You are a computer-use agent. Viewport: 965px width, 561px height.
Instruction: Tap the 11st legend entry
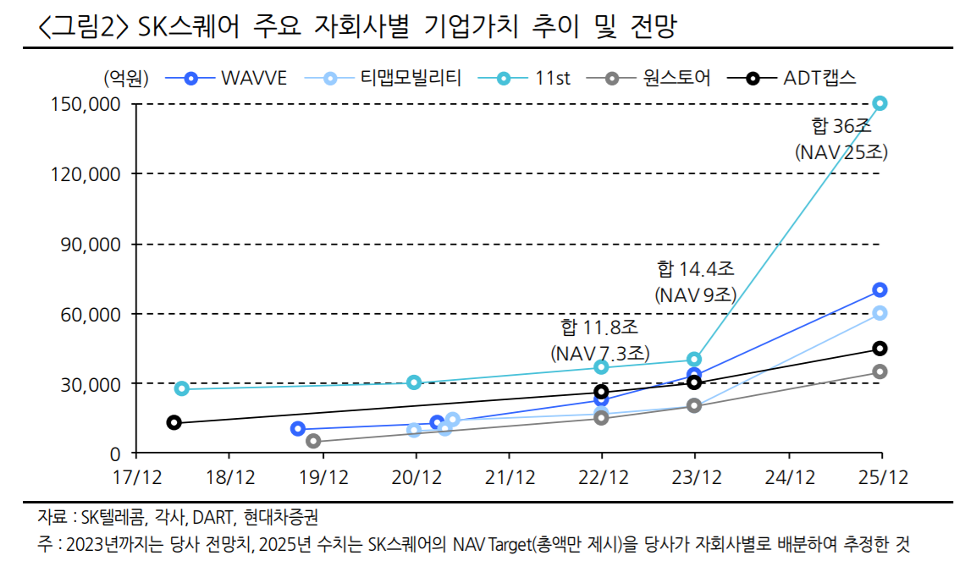click(533, 79)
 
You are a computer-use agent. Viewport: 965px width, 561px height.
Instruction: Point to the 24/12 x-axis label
click(788, 477)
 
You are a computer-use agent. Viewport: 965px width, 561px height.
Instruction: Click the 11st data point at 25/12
click(880, 103)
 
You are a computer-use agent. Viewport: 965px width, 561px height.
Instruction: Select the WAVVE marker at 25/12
click(880, 289)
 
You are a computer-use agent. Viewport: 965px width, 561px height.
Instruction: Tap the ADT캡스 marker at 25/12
click(880, 348)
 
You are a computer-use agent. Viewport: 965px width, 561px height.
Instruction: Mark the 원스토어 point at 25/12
click(880, 371)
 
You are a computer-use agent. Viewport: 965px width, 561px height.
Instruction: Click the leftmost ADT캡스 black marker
click(174, 422)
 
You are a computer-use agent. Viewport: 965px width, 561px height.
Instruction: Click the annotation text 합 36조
click(841, 127)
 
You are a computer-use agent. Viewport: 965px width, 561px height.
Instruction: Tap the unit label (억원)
click(126, 79)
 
